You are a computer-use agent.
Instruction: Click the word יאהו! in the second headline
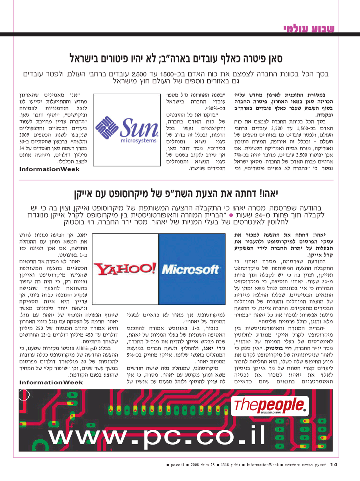pyautogui.click(x=266, y=194)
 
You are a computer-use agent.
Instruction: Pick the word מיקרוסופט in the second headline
pyautogui.click(x=130, y=194)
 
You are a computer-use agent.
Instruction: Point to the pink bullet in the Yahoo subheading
pyautogui.click(x=237, y=216)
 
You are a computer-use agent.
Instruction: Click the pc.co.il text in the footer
pyautogui.click(x=176, y=465)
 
